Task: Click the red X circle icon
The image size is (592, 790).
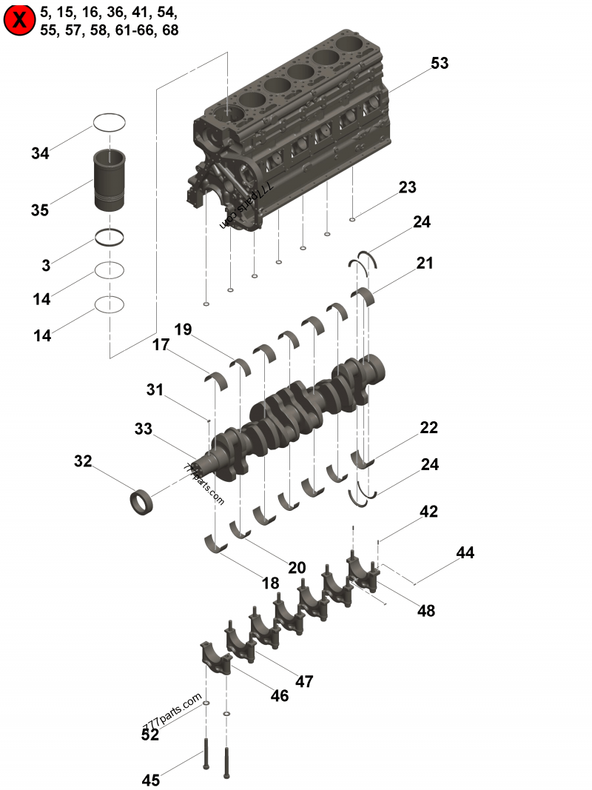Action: coord(20,21)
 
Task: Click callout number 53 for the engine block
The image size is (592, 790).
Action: coord(440,64)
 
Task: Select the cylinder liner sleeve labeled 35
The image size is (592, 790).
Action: coord(110,180)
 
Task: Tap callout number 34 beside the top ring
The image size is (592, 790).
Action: coord(40,154)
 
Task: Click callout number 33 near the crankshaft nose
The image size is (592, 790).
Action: coord(144,429)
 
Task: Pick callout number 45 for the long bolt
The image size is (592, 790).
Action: coord(151,780)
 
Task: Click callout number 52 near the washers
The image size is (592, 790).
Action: coord(150,734)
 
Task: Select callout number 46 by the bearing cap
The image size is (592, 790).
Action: coord(280,696)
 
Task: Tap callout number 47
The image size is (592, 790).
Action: coord(304,682)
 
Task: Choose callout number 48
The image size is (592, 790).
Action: coord(426,611)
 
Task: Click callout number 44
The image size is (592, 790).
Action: coord(465,552)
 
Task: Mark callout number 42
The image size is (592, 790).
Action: coord(429,512)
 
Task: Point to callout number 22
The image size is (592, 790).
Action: coord(429,428)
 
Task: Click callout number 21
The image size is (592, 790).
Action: coord(425,263)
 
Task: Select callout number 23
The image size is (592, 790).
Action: coord(408,187)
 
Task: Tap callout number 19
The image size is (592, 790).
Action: coord(184,329)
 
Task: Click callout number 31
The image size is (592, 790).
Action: coord(154,389)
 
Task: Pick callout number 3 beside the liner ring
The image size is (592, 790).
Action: coord(46,265)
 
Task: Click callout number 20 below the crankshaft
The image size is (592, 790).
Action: coord(297,568)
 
